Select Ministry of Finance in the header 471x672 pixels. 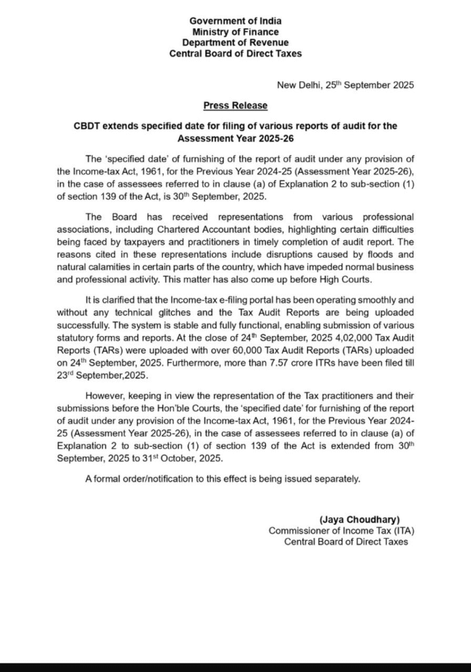(235, 32)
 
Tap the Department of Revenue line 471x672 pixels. (235, 43)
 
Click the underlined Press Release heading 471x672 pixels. (235, 105)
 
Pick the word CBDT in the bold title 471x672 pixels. (87, 125)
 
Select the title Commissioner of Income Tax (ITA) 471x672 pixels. (342, 531)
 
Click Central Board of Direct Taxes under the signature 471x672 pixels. (346, 542)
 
